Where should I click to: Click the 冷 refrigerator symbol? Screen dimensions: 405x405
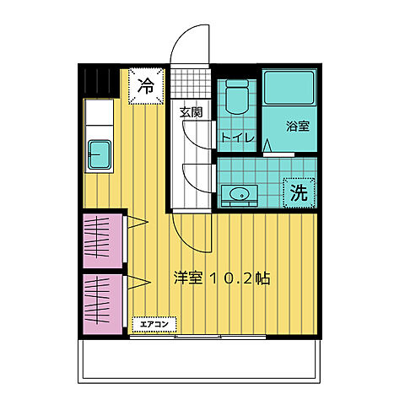(146, 86)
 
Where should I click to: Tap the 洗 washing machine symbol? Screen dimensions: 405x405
(299, 192)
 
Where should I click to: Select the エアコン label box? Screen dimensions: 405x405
(154, 324)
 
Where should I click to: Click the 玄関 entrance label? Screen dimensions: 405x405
(192, 112)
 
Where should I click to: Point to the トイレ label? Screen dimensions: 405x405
(238, 138)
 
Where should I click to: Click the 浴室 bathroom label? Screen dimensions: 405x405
(298, 127)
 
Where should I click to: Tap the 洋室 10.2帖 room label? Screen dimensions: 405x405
(222, 278)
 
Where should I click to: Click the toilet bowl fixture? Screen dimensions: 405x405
(237, 96)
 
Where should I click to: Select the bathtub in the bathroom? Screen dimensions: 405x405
(289, 88)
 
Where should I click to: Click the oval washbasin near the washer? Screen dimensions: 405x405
(240, 194)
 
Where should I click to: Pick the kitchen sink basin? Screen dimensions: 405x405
(100, 155)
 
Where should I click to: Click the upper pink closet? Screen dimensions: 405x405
(103, 240)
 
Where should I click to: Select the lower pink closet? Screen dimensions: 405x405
(103, 305)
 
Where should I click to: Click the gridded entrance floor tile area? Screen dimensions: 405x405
(191, 84)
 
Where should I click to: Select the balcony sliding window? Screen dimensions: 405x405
(197, 337)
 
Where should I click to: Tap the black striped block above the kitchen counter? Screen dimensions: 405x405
(101, 83)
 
